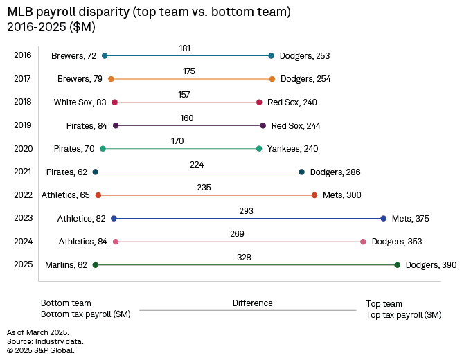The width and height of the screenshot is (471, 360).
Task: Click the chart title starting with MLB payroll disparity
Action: tap(149, 12)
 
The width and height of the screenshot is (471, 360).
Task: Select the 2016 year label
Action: tap(22, 55)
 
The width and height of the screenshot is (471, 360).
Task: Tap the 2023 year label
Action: tap(22, 218)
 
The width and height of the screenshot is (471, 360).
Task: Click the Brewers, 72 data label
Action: tap(73, 55)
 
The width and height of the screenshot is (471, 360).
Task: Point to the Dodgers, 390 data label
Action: tap(431, 264)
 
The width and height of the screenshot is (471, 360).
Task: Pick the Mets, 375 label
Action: tap(411, 218)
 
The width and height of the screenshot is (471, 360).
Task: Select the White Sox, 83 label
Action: tap(80, 102)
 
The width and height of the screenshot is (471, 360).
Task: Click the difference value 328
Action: tap(244, 257)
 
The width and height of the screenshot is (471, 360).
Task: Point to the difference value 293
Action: tap(247, 210)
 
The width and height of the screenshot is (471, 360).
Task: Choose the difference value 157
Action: tap(184, 94)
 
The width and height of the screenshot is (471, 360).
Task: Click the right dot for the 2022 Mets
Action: tap(314, 195)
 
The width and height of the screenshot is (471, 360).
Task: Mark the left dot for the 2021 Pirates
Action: tap(96, 172)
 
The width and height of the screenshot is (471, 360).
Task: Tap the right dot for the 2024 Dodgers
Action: tap(363, 242)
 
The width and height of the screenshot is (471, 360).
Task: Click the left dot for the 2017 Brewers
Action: tap(111, 79)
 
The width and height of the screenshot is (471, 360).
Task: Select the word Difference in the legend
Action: tap(252, 303)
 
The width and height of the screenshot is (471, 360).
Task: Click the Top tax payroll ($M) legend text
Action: tap(403, 315)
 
